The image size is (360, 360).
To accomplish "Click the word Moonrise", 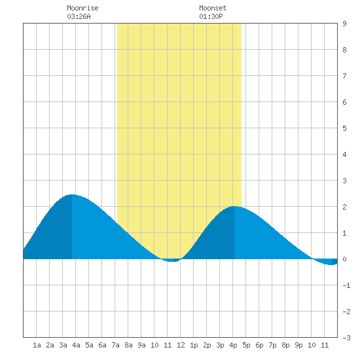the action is (82, 8).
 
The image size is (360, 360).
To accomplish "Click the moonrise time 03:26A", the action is (79, 16).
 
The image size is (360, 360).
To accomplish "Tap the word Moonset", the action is (213, 8).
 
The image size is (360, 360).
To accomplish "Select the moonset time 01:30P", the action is (211, 16).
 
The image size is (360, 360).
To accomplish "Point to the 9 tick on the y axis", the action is (344, 24).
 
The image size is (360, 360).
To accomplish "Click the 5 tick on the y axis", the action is (344, 128).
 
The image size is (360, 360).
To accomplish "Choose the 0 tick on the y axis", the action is (344, 259).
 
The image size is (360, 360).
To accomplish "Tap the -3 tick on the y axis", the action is (346, 338).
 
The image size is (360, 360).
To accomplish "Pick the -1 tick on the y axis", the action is (346, 285).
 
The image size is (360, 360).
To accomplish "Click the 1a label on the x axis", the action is (37, 345).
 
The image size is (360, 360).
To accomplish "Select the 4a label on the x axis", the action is (76, 345).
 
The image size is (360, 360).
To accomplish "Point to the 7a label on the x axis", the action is (115, 345).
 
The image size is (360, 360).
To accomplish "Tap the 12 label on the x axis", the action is (181, 345).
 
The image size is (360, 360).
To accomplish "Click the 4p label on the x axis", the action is (233, 345).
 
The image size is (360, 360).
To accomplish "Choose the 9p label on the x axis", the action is (298, 345).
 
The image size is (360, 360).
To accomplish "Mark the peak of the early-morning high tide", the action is (72, 194).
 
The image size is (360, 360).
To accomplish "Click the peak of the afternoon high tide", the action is (234, 206).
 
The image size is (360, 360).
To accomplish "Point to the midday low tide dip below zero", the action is (172, 261).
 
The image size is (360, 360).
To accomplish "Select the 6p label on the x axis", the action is (259, 345).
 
